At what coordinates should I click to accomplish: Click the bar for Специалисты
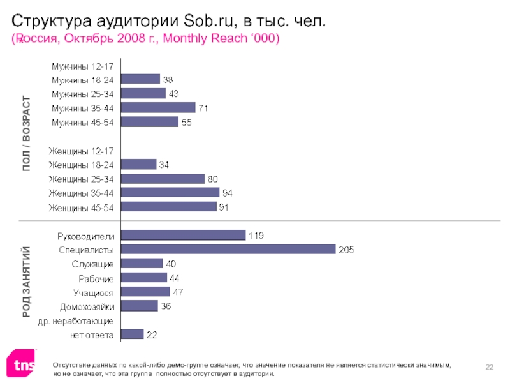(x=228, y=250)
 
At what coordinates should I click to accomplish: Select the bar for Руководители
(x=182, y=235)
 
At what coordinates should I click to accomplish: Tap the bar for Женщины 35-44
(x=170, y=193)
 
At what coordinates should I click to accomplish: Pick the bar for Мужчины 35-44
(x=157, y=108)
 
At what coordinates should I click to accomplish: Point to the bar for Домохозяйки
(x=139, y=306)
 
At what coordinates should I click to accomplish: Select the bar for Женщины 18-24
(x=138, y=165)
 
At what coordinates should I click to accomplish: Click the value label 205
(x=346, y=250)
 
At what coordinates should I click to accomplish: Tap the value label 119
(x=256, y=235)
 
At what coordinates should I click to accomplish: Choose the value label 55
(x=187, y=122)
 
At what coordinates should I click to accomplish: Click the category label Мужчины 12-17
(x=83, y=66)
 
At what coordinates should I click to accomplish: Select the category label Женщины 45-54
(x=81, y=207)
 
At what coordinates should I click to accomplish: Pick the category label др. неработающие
(x=76, y=320)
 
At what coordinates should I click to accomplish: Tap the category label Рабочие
(x=96, y=278)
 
